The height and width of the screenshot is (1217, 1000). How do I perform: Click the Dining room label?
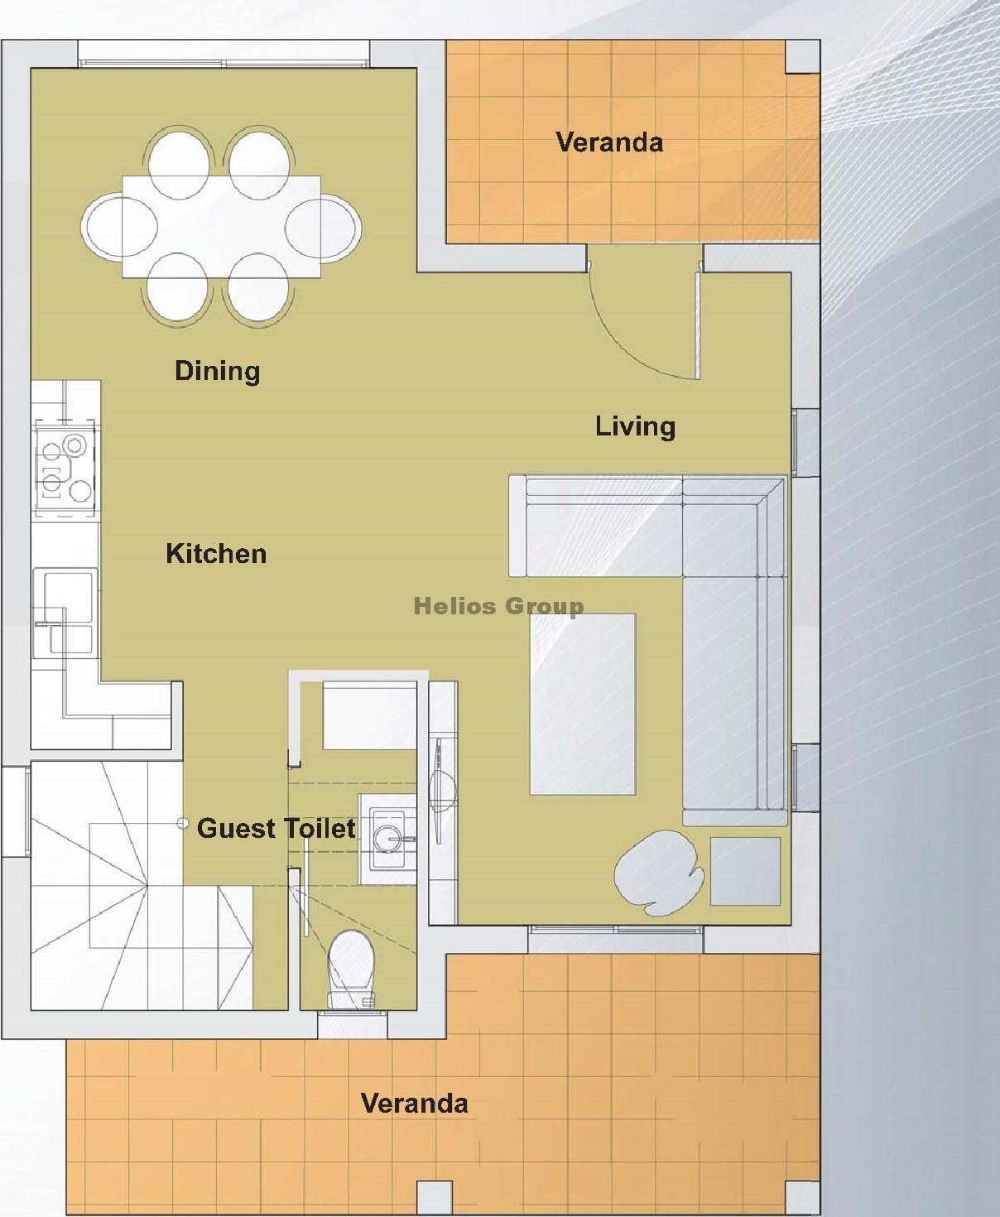(217, 371)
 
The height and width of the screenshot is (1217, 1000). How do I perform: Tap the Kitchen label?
(216, 554)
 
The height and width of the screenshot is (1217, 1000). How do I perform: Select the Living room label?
(635, 427)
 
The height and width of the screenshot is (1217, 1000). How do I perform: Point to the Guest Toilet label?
(276, 829)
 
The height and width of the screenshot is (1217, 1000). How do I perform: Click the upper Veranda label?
(609, 142)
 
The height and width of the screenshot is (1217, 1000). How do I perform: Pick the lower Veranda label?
(414, 1104)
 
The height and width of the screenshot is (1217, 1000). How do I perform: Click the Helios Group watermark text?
(499, 607)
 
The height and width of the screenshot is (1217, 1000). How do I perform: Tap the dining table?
(222, 227)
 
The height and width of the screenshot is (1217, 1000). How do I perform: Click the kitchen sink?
(64, 613)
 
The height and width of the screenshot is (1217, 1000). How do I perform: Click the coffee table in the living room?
(583, 704)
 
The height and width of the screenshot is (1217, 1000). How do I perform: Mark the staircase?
(142, 885)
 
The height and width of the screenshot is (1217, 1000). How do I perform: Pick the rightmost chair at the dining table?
(323, 228)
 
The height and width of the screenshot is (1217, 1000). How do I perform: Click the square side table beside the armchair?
(746, 871)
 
